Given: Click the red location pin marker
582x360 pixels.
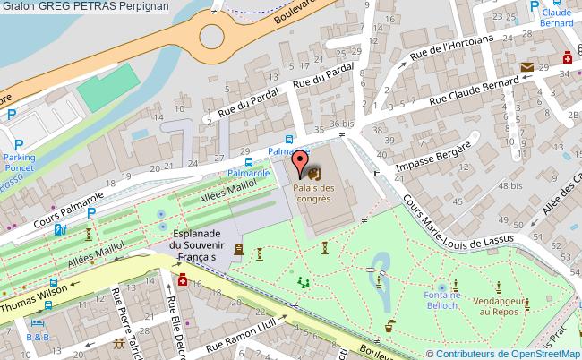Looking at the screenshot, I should [299, 164].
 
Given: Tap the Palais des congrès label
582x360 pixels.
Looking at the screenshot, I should [311, 193].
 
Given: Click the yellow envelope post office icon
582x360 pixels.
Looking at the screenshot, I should [526, 67].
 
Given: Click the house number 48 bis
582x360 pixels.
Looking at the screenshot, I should [510, 185].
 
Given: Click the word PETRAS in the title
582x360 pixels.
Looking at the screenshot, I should [116, 6].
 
